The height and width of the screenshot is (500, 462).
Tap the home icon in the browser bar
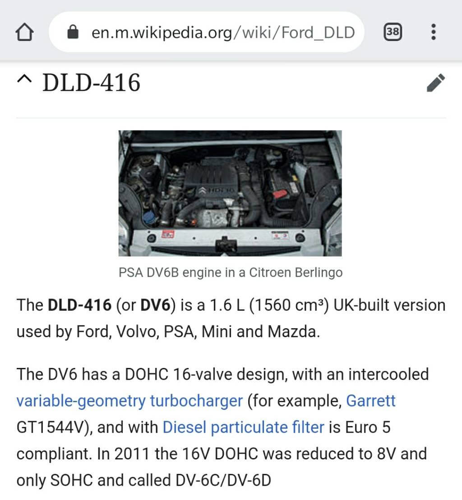pyautogui.click(x=25, y=32)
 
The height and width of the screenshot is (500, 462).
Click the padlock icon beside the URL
pyautogui.click(x=72, y=32)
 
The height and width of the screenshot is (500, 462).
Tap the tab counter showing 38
pyautogui.click(x=393, y=32)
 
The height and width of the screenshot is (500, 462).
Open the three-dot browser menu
pyautogui.click(x=433, y=32)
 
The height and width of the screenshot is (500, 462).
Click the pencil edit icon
pyautogui.click(x=435, y=83)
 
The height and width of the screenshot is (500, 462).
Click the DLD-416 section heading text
pyautogui.click(x=91, y=83)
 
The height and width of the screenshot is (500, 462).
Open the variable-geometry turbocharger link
pyautogui.click(x=129, y=401)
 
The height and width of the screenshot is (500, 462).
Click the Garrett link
pyautogui.click(x=370, y=401)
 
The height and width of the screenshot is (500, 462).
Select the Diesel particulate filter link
pyautogui.click(x=243, y=427)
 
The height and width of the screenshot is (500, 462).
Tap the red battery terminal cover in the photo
pyautogui.click(x=281, y=194)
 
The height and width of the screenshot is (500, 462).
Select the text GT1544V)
pyautogui.click(x=55, y=427)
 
